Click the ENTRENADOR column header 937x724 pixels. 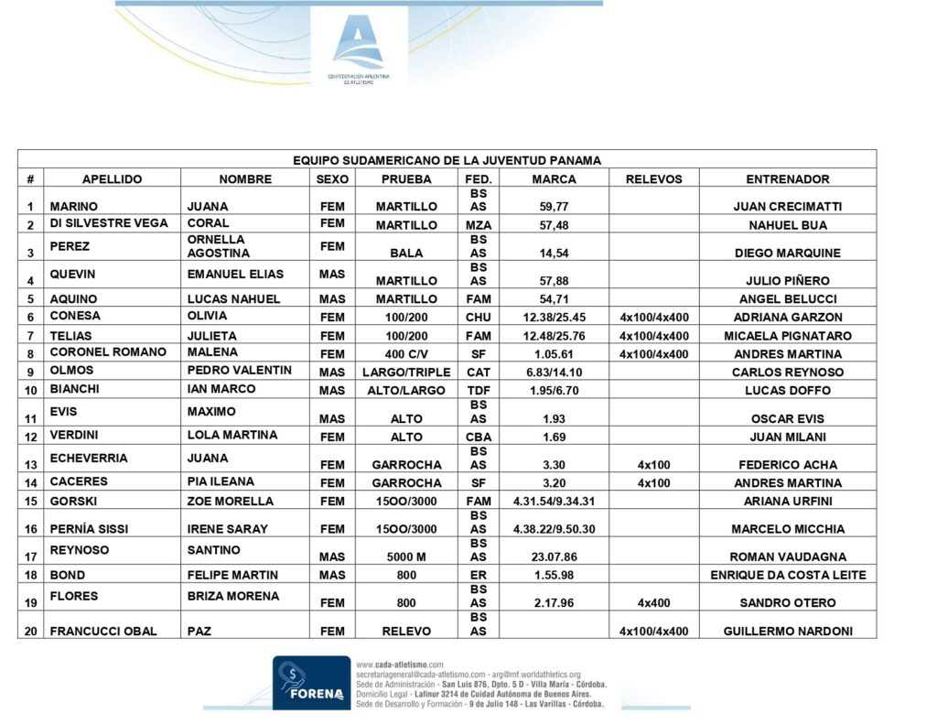pos(787,179)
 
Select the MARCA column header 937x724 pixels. pos(554,179)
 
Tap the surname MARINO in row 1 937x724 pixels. pos(73,207)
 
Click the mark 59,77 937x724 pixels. pos(554,207)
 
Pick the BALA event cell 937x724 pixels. pos(406,253)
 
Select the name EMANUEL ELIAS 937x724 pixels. pos(235,274)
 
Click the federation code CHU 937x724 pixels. pos(478,318)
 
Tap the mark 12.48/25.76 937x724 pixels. pos(554,336)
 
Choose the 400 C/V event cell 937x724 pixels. pos(406,354)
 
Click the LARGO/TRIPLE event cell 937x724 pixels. pos(405,373)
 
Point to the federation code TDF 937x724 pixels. pos(478,391)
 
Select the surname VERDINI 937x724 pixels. pos(74,435)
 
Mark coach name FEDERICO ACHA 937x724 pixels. pos(787,465)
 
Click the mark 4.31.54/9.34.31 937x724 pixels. pos(554,502)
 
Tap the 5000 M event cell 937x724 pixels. pos(406,557)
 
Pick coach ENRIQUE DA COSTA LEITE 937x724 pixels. pos(787,575)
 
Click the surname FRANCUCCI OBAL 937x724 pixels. pos(103,631)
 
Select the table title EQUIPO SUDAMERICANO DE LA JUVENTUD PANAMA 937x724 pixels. pos(447,160)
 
